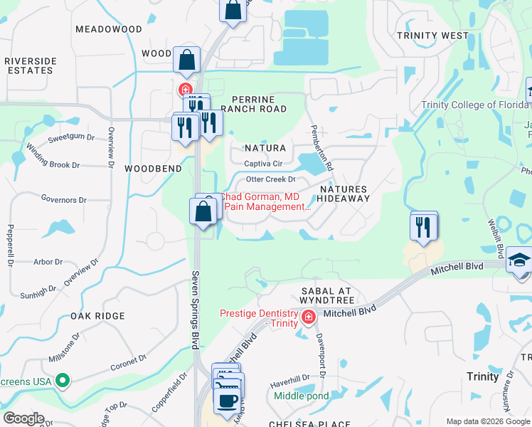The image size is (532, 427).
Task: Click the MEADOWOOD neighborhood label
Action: tap(108, 29)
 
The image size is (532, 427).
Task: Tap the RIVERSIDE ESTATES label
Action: tap(30, 66)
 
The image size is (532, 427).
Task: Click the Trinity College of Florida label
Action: tap(486, 105)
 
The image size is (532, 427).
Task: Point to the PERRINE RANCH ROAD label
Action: tap(253, 104)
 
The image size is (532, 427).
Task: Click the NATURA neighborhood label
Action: tap(265, 149)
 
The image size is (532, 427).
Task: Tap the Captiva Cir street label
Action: tap(263, 164)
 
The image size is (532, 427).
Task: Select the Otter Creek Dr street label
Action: tap(270, 179)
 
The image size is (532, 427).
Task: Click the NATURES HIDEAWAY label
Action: tap(344, 194)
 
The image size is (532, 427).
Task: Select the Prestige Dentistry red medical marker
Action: tap(308, 317)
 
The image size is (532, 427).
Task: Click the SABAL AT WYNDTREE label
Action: tap(326, 297)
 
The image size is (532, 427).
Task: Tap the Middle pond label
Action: tap(301, 396)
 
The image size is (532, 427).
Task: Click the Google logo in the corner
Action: tap(23, 418)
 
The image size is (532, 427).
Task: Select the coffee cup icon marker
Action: tap(227, 401)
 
